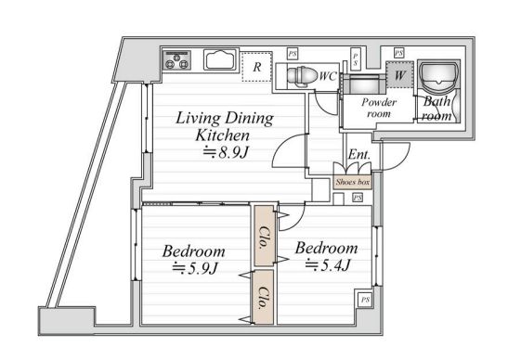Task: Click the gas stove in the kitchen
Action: click(176, 59)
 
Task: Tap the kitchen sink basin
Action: click(221, 59)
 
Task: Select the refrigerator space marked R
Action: click(257, 67)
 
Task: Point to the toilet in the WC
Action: click(302, 77)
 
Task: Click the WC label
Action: click(328, 76)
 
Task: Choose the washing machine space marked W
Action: click(399, 75)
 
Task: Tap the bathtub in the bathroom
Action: click(439, 78)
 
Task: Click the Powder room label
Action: click(379, 109)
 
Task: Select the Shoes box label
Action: click(353, 182)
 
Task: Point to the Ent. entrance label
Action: click(359, 155)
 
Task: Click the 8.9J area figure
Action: click(226, 152)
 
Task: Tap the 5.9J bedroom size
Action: click(195, 268)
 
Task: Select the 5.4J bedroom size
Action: click(328, 265)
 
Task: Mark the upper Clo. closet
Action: click(265, 236)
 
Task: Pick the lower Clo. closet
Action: click(264, 297)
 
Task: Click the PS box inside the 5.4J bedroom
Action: click(365, 300)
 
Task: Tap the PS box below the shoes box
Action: click(358, 198)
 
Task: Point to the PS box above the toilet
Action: click(293, 54)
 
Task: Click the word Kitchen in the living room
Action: click(223, 135)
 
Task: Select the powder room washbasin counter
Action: click(364, 84)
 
